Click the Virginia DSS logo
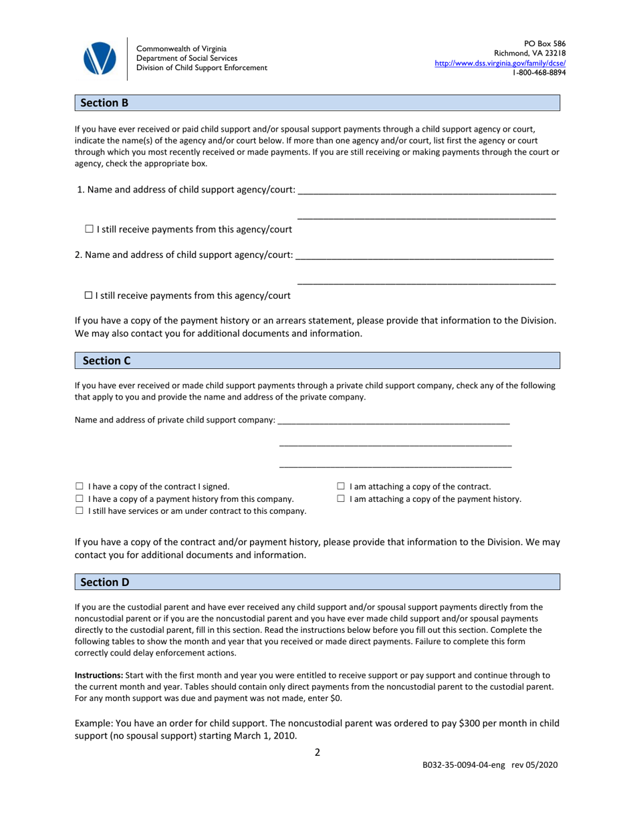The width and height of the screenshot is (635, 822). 100,58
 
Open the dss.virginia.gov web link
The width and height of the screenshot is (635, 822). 500,63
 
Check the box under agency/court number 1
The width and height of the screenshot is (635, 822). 90,229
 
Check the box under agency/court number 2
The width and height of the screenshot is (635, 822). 89,295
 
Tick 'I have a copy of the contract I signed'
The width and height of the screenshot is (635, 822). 80,487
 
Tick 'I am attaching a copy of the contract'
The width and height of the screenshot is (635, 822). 341,487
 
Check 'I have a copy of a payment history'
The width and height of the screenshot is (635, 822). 80,499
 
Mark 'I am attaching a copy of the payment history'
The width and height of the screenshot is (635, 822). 341,499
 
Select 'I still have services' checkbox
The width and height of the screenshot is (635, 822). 80,511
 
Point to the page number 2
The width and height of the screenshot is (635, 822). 317,752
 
